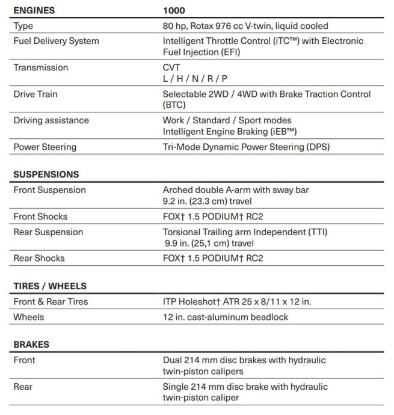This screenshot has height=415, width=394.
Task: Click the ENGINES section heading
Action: pos(34,10)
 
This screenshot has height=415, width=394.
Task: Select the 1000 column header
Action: pos(174,10)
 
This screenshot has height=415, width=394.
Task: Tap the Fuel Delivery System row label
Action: pos(56,41)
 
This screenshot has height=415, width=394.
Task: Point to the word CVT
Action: pos(171,67)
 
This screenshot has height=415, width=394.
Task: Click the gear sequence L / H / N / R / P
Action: pos(195,78)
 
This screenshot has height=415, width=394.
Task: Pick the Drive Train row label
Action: pos(35,94)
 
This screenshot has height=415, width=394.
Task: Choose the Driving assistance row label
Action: pos(51,120)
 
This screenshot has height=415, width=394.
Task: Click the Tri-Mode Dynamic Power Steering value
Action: pos(246,147)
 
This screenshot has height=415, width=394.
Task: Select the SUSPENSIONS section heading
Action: pos(46,174)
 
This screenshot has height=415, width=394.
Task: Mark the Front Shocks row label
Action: pos(40,217)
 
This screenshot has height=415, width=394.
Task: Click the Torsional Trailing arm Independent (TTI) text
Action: pos(245,232)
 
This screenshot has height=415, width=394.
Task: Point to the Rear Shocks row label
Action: pos(39,258)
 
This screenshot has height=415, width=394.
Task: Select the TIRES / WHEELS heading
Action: pos(50,286)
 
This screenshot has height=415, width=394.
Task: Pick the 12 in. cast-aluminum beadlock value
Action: pos(226,317)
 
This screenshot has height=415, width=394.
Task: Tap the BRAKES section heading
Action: pos(31,345)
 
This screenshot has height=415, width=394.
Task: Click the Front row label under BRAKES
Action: pos(24,360)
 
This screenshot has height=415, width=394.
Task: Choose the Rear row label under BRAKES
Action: pos(23,387)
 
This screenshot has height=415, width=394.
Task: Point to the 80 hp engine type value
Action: pos(245,26)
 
